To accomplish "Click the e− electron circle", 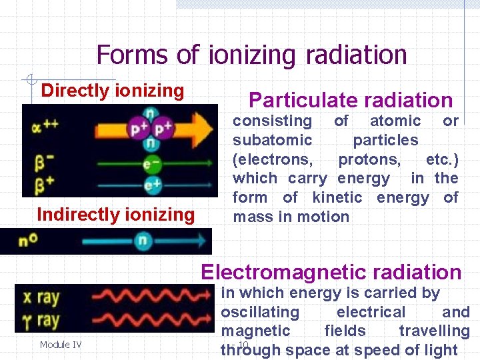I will [152, 163].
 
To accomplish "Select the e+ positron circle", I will [152, 185].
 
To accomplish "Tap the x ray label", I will [39, 297].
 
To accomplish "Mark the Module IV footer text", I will [61, 345].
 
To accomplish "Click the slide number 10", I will [243, 344].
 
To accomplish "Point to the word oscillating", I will [260, 312].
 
